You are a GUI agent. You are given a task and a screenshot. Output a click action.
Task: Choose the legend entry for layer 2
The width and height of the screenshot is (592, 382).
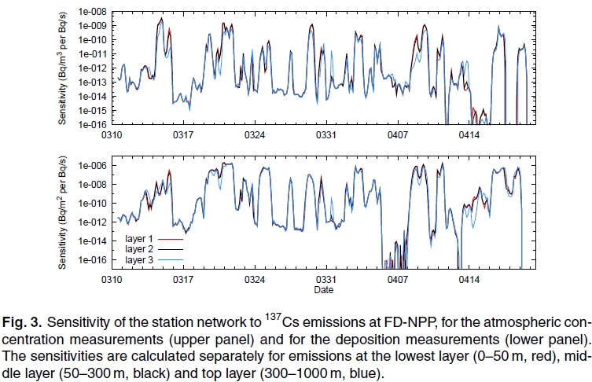click(x=140, y=248)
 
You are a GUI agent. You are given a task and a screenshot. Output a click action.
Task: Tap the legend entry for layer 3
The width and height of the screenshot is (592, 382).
click(x=140, y=259)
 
